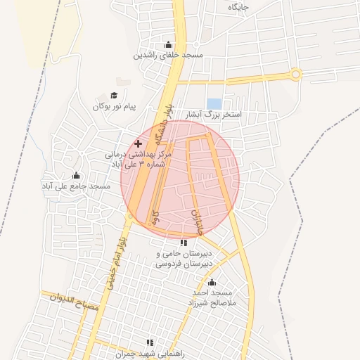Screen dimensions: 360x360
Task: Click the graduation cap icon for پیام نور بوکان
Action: [x=114, y=96]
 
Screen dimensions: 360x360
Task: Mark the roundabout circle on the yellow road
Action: [x=296, y=74]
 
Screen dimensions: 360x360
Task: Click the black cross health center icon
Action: [x=138, y=143]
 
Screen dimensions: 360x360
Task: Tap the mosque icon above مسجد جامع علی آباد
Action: [x=76, y=176]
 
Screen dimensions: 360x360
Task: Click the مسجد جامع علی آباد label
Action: [x=76, y=186]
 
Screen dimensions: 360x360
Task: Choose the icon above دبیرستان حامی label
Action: [x=184, y=243]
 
